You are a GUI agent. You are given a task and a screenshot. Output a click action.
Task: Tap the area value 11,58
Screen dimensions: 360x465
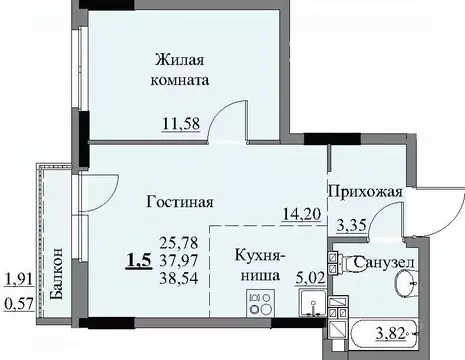pyautogui.click(x=181, y=124)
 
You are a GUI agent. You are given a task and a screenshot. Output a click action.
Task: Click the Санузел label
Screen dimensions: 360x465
pyautogui.click(x=385, y=263)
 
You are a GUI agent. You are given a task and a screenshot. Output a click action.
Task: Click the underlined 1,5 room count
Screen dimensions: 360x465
pyautogui.click(x=139, y=262)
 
